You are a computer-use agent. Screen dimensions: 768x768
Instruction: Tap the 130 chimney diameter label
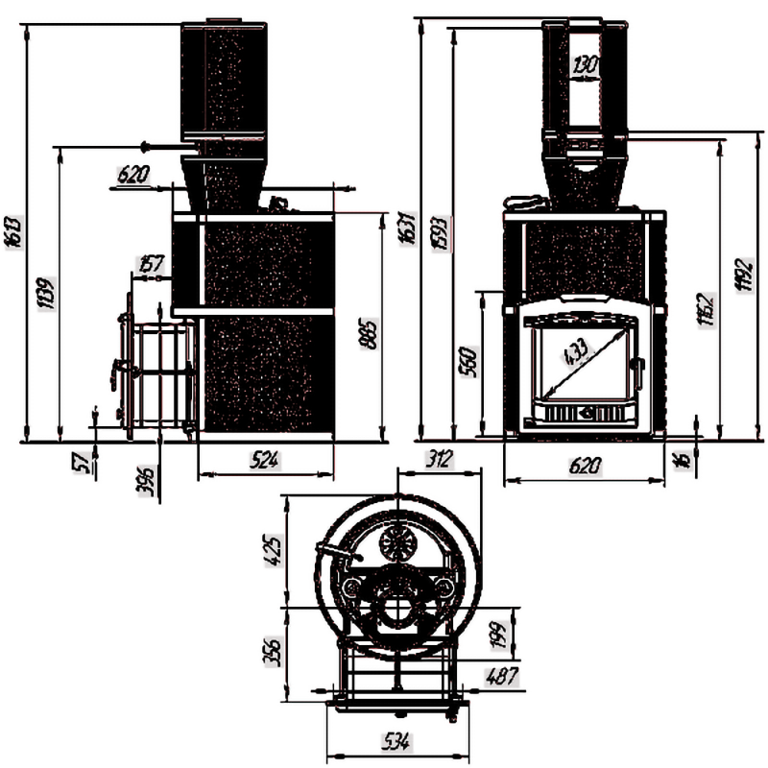click(584, 66)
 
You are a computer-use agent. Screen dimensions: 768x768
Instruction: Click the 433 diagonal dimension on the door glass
click(578, 357)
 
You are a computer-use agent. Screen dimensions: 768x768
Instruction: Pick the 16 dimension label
click(683, 459)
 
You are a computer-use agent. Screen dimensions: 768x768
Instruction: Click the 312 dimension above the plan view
click(439, 460)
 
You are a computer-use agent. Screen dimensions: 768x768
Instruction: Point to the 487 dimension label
click(501, 677)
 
